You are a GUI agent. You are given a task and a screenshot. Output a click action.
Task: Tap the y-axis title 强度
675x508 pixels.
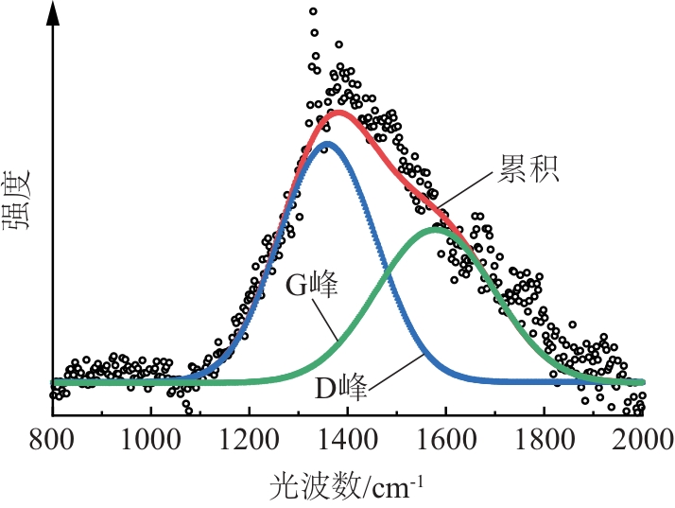21,202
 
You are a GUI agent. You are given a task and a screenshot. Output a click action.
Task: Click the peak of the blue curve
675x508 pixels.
328,144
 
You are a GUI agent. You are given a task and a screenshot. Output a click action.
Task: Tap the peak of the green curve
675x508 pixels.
437,228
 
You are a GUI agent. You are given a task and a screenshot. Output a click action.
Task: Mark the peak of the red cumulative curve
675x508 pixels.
338,113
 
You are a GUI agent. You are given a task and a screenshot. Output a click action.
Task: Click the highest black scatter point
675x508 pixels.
313,11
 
